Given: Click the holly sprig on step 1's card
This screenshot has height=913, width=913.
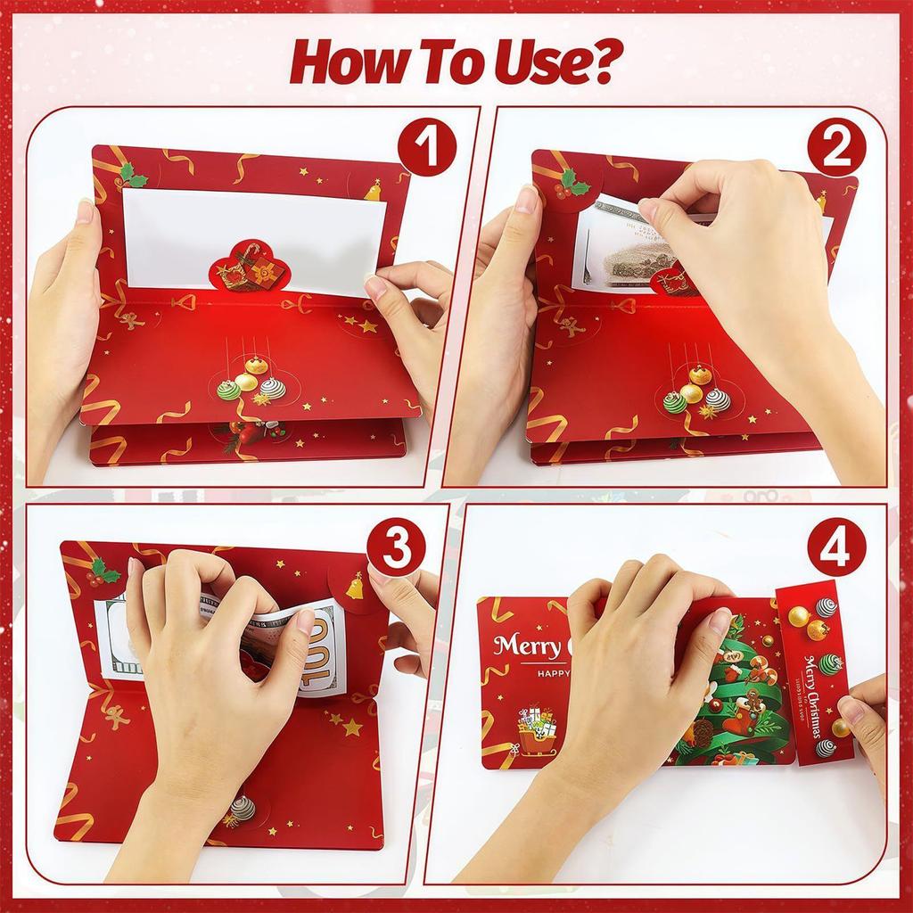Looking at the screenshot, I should pos(133,175).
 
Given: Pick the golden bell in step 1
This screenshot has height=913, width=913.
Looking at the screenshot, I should pos(372,190).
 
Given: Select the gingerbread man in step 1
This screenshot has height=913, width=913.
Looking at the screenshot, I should pos(132,317).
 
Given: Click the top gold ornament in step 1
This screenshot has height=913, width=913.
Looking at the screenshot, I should pos(257,365).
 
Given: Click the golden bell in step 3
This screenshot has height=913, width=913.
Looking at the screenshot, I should pos(354,586).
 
